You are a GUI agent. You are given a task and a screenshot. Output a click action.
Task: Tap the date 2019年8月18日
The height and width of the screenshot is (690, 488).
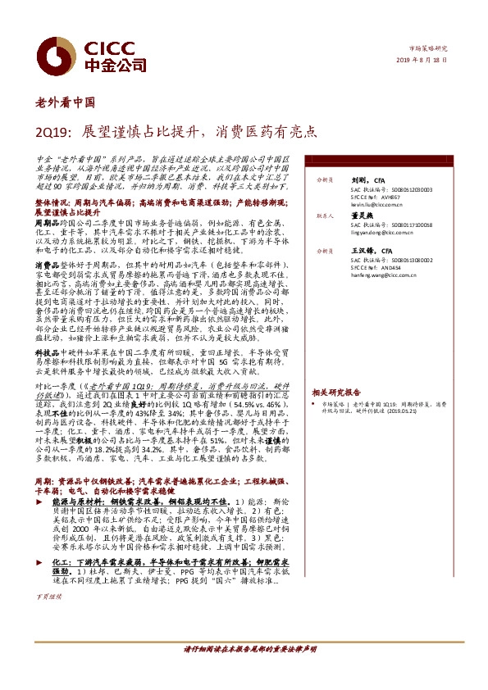coord(425,61)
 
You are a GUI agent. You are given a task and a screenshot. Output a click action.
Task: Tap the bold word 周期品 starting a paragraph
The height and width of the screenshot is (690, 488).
coord(45,222)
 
